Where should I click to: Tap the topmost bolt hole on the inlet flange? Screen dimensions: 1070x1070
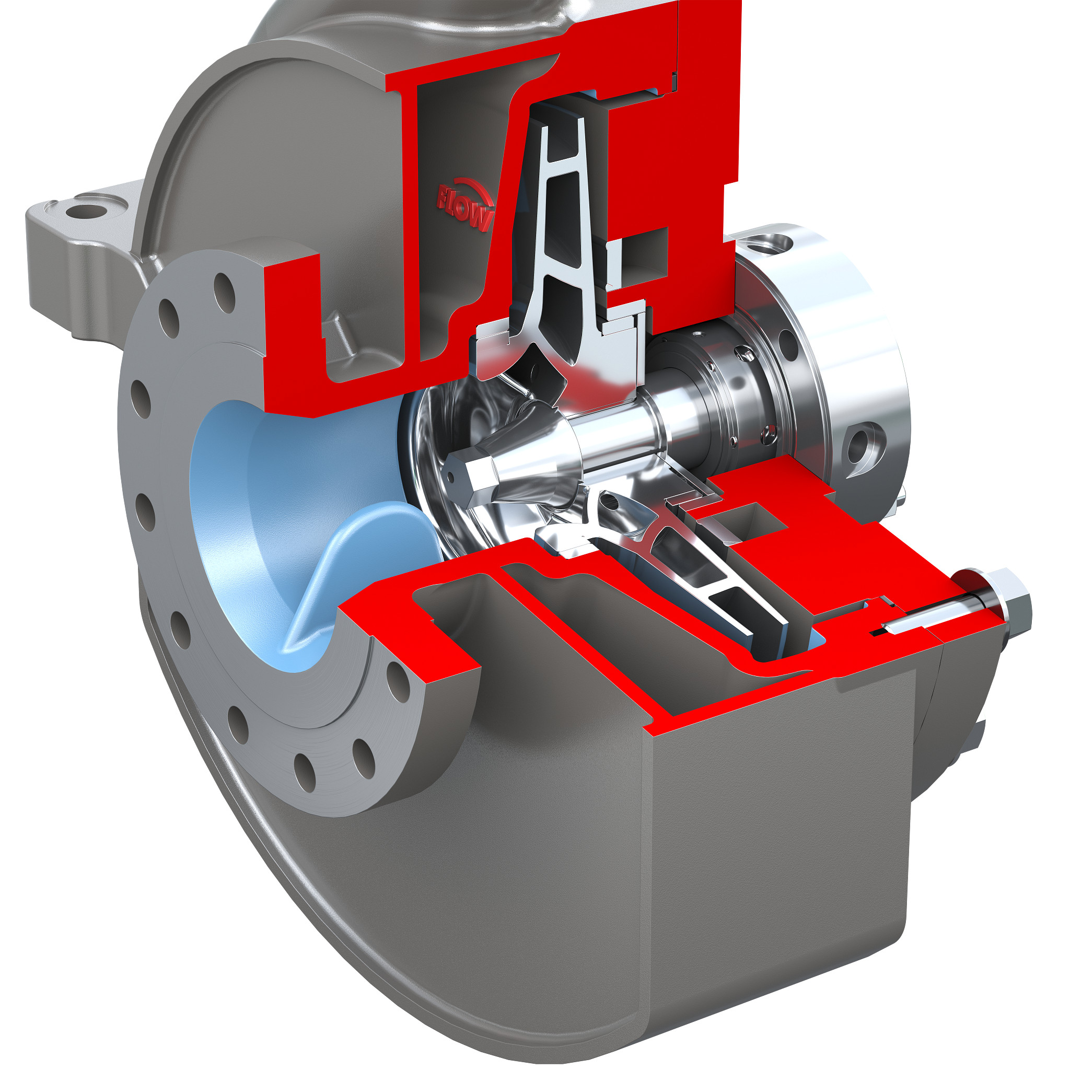coord(224,293)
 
